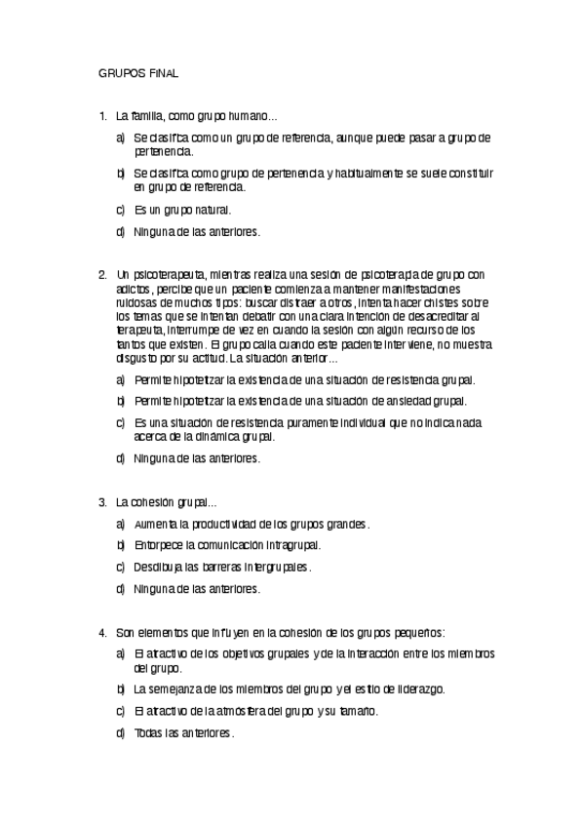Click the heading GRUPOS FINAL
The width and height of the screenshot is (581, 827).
coord(137,73)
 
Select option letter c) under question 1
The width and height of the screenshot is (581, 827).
coord(120,210)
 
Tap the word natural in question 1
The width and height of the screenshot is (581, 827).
coord(213,210)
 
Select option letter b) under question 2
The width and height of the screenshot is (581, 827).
coord(120,401)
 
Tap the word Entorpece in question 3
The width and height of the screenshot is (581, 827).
coord(158,545)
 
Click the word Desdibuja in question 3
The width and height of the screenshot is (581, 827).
coord(158,567)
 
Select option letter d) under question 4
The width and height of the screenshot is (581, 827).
coord(120,732)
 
